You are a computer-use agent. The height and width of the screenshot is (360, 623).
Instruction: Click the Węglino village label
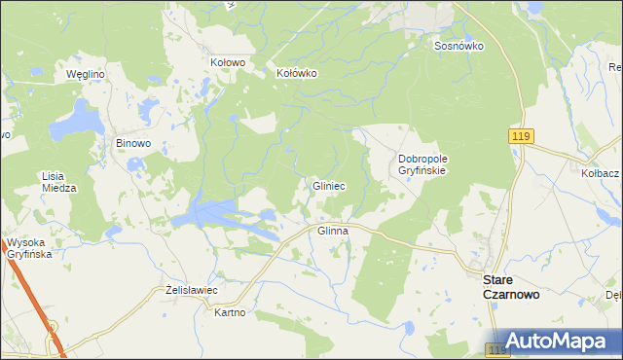click(x=85, y=74)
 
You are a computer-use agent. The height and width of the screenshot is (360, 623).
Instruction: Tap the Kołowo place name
click(x=227, y=61)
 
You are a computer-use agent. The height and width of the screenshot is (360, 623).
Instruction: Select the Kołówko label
click(x=298, y=73)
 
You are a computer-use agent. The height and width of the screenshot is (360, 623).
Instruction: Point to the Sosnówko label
click(x=459, y=46)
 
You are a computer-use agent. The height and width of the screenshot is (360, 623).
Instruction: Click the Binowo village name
click(x=133, y=143)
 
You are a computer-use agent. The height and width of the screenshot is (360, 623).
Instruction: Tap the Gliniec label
click(x=329, y=185)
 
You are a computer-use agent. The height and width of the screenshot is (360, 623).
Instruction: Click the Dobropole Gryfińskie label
click(x=421, y=164)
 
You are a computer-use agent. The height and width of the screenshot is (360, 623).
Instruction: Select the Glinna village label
click(x=333, y=232)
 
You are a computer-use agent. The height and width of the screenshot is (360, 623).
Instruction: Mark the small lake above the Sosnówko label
click(x=534, y=8)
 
